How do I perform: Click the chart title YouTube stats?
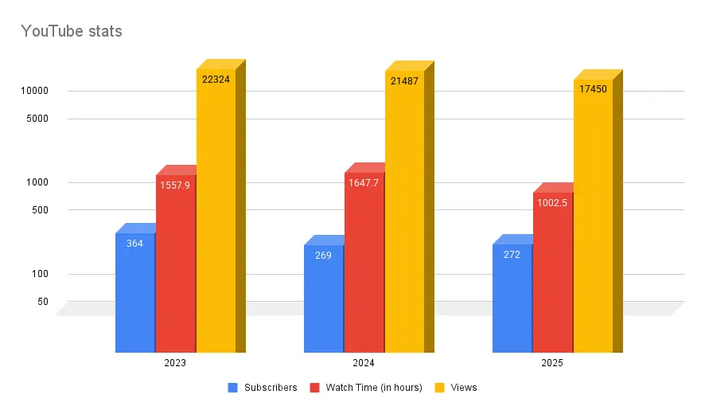72,32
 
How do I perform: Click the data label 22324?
216,79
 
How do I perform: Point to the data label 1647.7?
364,182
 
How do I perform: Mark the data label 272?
512,255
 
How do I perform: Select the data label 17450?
593,89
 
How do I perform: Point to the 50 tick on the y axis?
42,302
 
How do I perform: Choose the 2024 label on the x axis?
364,363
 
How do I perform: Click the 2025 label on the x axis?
552,363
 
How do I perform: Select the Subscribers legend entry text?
271,388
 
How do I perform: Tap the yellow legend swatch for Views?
438,388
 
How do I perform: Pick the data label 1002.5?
553,202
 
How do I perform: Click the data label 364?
135,243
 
